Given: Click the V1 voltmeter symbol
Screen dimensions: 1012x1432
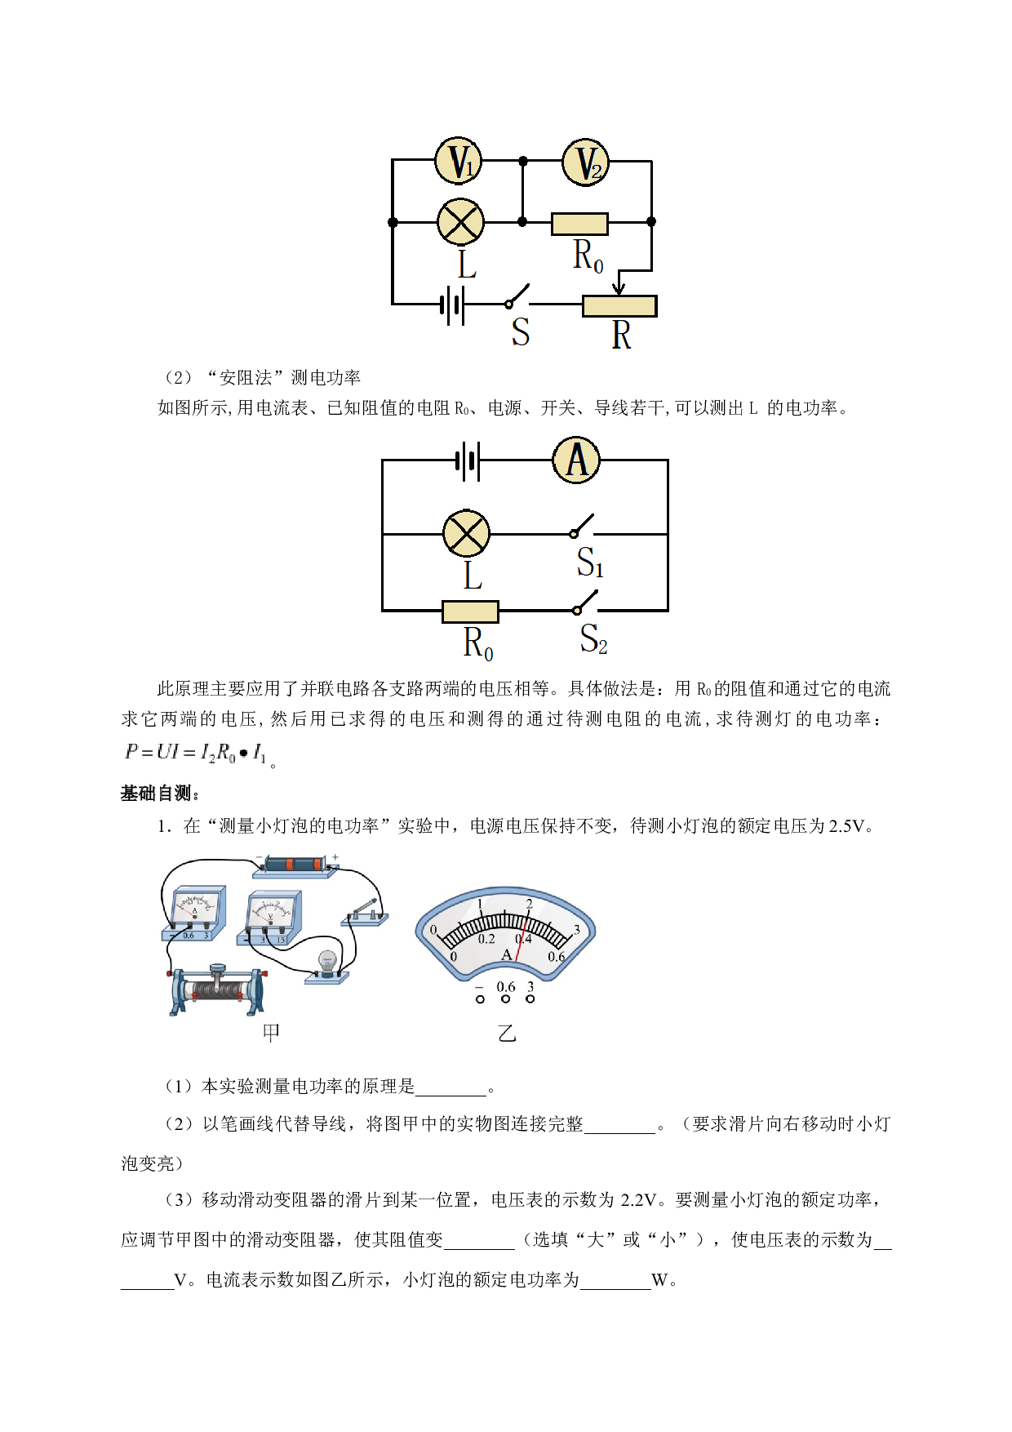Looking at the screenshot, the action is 459,161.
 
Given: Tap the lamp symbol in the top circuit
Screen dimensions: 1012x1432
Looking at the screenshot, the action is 460,221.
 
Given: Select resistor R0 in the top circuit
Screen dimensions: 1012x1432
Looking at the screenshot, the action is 579,224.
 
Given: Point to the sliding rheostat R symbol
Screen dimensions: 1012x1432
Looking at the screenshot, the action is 619,306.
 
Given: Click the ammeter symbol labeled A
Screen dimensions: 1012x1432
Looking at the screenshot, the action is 576,460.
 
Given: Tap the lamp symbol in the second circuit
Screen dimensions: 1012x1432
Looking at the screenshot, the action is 466,534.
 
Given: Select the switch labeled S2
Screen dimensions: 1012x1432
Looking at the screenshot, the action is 585,602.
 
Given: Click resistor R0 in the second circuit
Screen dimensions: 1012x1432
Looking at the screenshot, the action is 470,611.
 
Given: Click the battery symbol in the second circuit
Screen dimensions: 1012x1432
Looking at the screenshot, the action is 468,461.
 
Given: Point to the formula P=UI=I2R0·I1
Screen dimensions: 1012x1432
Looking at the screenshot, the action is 196,753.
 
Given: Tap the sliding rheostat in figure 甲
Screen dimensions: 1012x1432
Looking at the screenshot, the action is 217,990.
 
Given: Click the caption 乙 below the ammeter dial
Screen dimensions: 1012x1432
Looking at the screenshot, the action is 507,1033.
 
